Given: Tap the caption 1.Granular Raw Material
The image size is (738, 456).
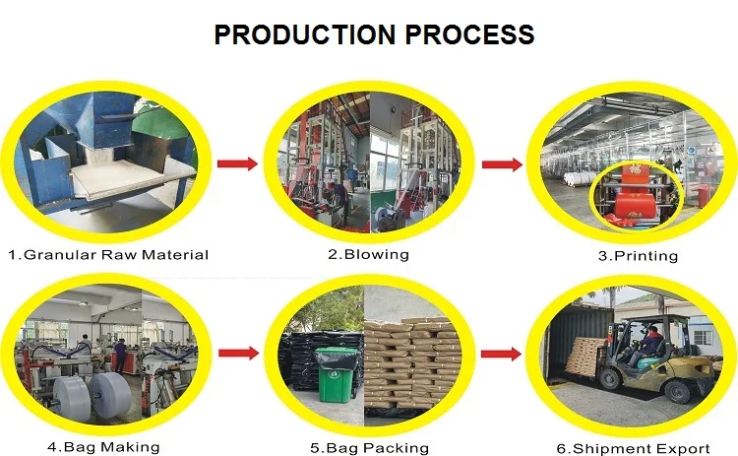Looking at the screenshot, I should [108, 255].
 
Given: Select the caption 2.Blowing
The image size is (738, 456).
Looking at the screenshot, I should [368, 254].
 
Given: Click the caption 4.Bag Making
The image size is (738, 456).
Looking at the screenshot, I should [103, 446].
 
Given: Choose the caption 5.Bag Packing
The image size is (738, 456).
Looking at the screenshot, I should [369, 448].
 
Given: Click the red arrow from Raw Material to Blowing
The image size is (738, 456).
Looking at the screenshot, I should [236, 163].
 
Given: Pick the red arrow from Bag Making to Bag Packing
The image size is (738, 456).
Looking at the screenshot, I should [236, 352].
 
